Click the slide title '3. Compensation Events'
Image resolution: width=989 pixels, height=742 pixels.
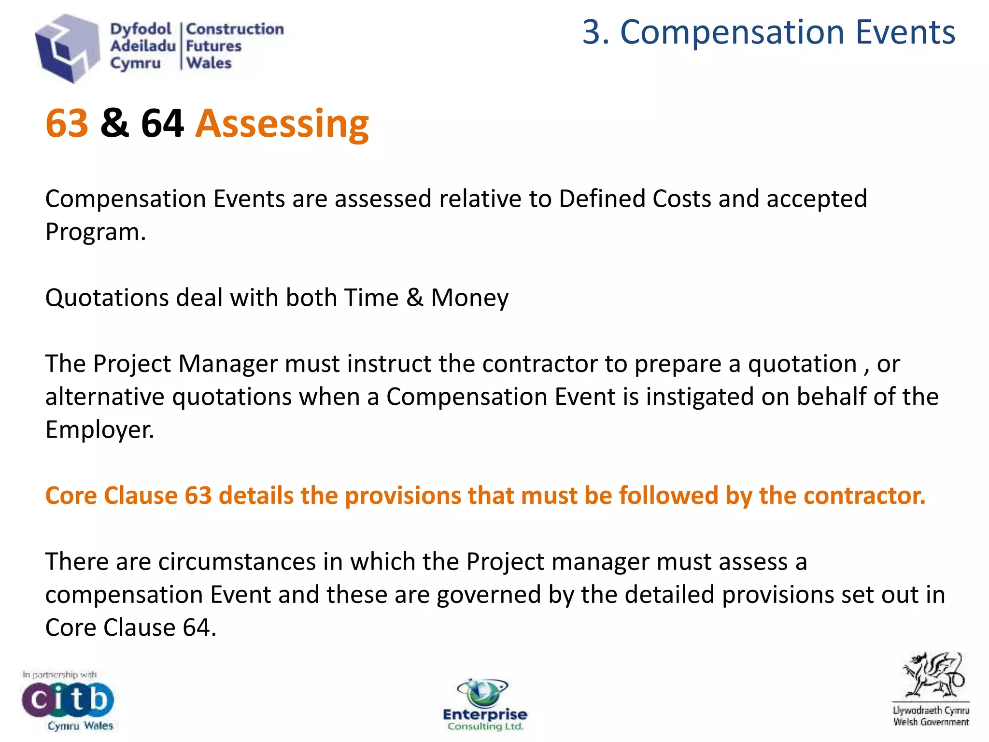(768, 32)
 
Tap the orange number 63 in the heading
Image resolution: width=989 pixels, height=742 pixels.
(67, 124)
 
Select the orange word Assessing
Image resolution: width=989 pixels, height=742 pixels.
(282, 124)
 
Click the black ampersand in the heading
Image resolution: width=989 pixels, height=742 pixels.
(114, 124)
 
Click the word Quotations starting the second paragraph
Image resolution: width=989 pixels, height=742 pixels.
(107, 298)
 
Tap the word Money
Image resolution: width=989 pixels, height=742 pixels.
(469, 298)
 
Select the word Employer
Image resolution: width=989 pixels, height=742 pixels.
(99, 429)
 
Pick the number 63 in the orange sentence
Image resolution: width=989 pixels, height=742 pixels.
(198, 496)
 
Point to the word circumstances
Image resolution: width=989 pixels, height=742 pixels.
(237, 562)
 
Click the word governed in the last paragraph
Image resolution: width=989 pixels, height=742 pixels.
(488, 595)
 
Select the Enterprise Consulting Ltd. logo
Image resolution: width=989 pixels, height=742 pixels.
(485, 705)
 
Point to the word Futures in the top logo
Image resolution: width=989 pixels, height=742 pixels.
(213, 46)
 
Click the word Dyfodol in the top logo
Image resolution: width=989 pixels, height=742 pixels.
(141, 29)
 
